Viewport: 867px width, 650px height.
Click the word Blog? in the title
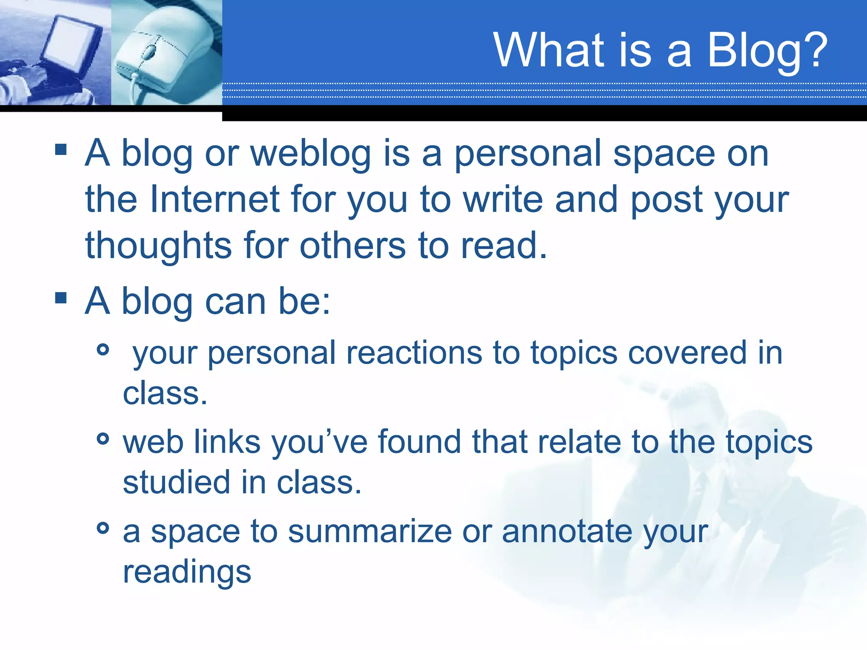[767, 51]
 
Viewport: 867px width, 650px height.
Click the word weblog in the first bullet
[311, 154]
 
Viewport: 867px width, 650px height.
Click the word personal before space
[527, 154]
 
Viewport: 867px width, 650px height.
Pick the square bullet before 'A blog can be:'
[61, 298]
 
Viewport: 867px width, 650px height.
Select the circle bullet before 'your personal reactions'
[103, 350]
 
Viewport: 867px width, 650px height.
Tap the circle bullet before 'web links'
[103, 438]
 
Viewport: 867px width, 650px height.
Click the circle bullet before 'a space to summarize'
[103, 528]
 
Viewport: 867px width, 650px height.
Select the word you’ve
[319, 443]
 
